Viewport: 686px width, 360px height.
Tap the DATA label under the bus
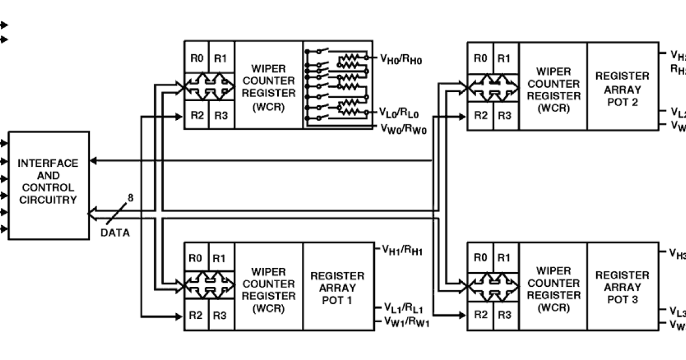pyautogui.click(x=115, y=233)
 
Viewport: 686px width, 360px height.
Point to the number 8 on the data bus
pyautogui.click(x=130, y=198)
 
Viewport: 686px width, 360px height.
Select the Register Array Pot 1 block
pyautogui.click(x=337, y=287)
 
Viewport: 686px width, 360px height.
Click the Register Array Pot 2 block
pyautogui.click(x=622, y=89)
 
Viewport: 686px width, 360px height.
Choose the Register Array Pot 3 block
pyautogui.click(x=622, y=287)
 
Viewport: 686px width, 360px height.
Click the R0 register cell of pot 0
pyautogui.click(x=197, y=58)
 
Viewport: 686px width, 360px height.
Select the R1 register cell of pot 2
pyautogui.click(x=504, y=58)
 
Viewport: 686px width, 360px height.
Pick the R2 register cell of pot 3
pyautogui.click(x=481, y=314)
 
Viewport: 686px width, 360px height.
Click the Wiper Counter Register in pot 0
pyautogui.click(x=268, y=87)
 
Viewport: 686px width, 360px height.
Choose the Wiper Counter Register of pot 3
pyautogui.click(x=553, y=289)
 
